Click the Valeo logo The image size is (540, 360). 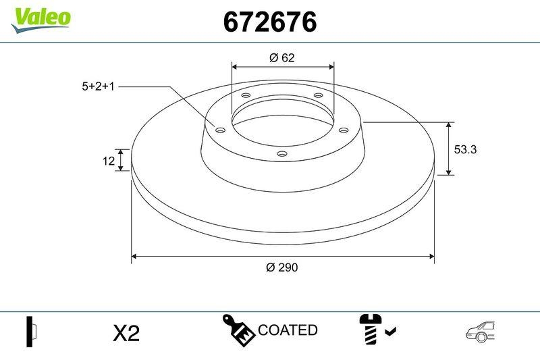tap(40, 17)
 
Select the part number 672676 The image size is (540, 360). tap(269, 22)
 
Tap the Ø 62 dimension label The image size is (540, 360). tap(282, 58)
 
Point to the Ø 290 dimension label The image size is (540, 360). tap(282, 267)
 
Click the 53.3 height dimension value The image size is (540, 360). tap(465, 150)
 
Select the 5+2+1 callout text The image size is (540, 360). tap(99, 86)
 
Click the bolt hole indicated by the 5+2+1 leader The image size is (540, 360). tap(219, 129)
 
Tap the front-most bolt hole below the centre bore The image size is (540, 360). tap(282, 155)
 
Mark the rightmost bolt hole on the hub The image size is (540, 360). tap(343, 130)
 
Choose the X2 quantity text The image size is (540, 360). tap(126, 333)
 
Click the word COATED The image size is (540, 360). tap(288, 330)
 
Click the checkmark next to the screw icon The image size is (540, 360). tap(390, 331)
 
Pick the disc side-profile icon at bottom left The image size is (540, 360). tap(31, 331)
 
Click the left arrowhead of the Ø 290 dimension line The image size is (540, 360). tap(134, 257)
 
